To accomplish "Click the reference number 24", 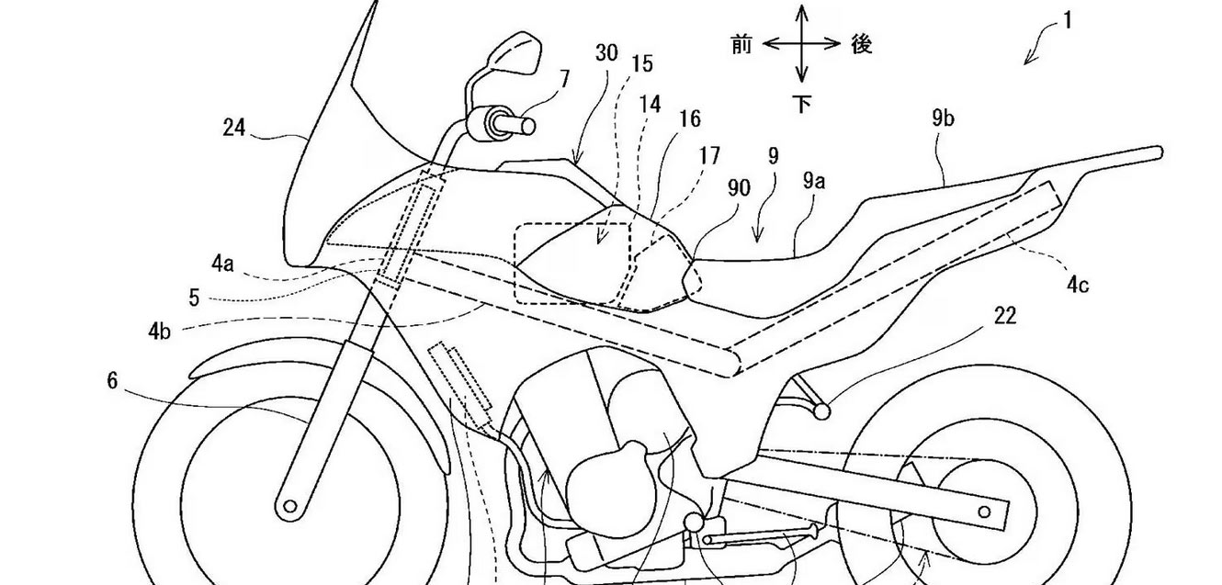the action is pos(234,129).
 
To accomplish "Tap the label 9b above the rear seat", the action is pos(944,118).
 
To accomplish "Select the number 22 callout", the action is pos(1005,316).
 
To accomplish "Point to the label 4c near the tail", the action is pos(1078,285).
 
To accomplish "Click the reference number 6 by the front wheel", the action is pos(112,380).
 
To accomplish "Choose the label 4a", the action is pos(222,264).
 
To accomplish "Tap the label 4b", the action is pos(159,331).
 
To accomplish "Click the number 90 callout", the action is pos(740,188).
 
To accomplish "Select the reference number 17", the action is pos(709,156).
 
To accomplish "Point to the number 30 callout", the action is pos(606,53).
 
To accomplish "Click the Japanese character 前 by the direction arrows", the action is pos(741,45).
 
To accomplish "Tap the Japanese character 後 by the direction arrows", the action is pos(862,44).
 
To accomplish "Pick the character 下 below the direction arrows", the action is pos(801,103).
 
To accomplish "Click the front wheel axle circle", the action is pos(290,507).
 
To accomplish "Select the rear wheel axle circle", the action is pos(984,512).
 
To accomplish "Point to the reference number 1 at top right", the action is pos(1068,21).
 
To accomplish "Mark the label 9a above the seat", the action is pos(813,181).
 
